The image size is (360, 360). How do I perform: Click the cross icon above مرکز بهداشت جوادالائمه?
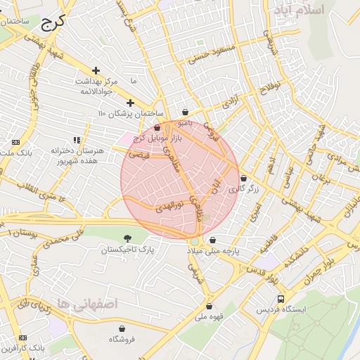click(96, 71)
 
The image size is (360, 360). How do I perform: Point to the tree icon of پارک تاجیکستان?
click(127, 239)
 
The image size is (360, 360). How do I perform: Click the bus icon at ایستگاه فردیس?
click(281, 299)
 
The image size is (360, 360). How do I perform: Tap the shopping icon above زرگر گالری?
click(244, 179)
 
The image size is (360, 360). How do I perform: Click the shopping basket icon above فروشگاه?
click(122, 328)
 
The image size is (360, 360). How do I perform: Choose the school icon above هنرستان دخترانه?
click(77, 141)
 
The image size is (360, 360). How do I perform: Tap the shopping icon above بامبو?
click(185, 112)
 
